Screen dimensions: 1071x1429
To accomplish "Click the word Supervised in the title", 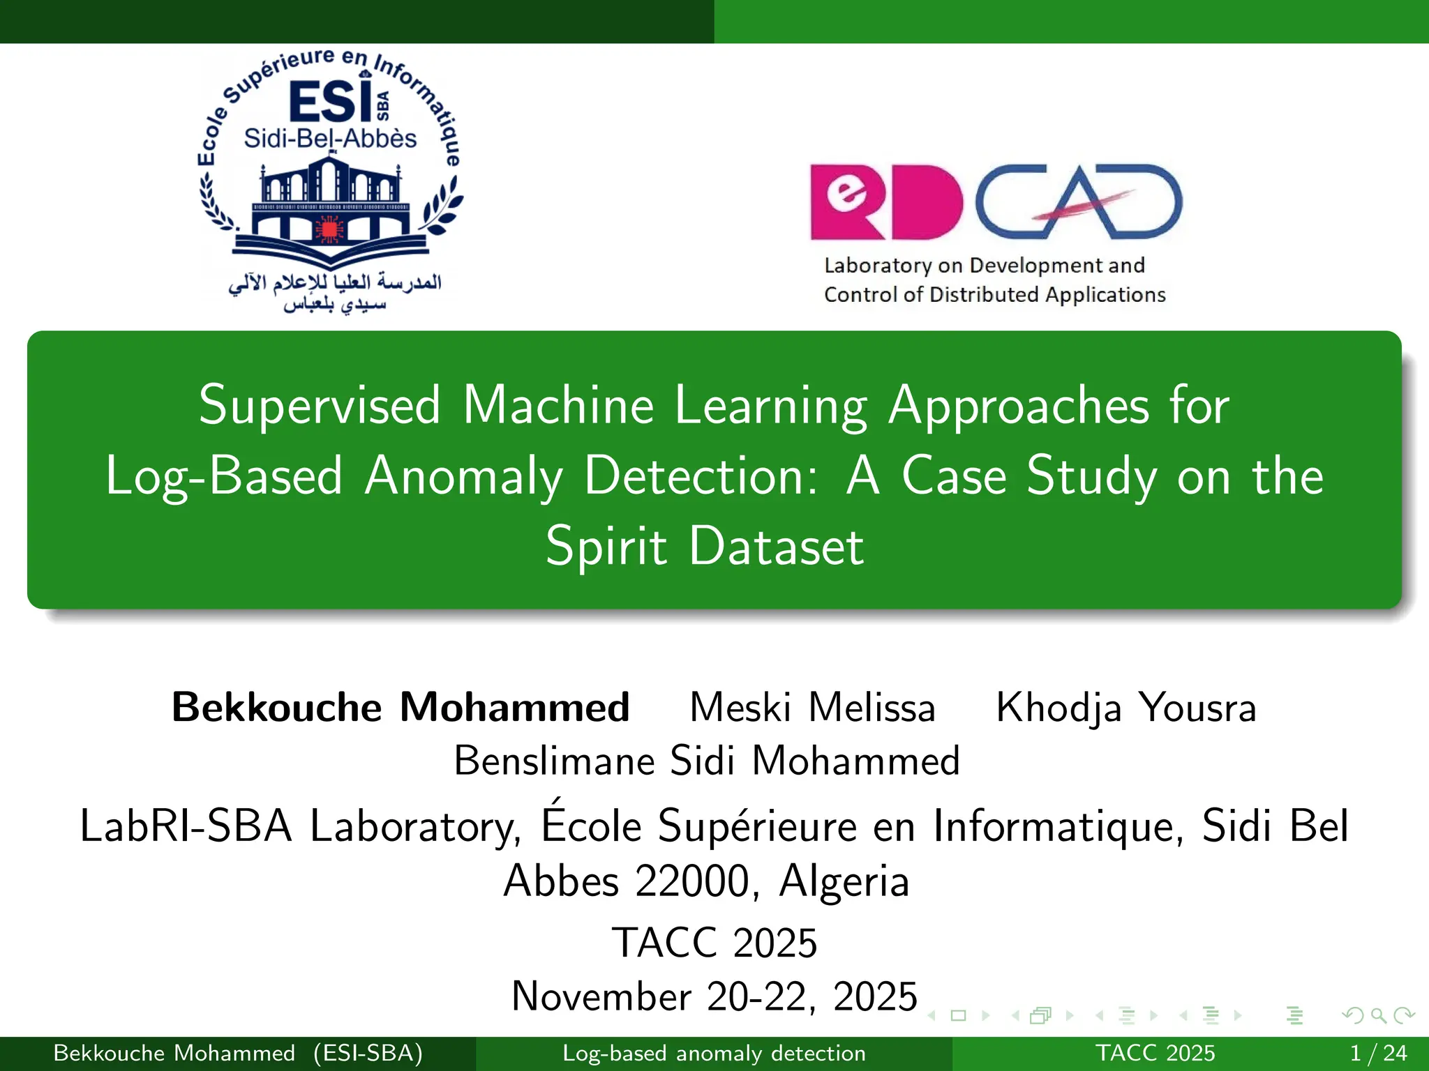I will [x=320, y=406].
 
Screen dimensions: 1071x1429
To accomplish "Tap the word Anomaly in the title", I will [x=463, y=476].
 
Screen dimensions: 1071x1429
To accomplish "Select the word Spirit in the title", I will [x=606, y=547].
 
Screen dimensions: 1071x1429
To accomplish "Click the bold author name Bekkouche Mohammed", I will [x=401, y=707].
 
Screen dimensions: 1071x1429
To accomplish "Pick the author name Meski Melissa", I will [x=812, y=707].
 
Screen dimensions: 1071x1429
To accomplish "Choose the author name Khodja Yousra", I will [x=1125, y=707].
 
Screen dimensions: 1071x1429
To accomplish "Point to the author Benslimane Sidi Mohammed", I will [x=707, y=760].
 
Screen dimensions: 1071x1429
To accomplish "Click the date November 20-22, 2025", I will [x=714, y=996].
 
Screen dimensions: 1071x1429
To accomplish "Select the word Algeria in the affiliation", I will [x=844, y=881].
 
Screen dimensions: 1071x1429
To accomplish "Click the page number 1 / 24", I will [x=1378, y=1053].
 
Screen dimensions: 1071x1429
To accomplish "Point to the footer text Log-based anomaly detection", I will [x=714, y=1053].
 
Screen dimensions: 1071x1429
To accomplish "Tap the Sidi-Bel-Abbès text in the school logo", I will [x=330, y=139].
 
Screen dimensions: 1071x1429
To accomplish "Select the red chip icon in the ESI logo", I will [x=329, y=229].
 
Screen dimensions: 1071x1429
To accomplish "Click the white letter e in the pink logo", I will [x=846, y=191].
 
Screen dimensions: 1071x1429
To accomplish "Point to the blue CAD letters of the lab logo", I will [x=1078, y=202].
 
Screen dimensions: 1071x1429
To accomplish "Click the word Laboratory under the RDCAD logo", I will [x=878, y=266].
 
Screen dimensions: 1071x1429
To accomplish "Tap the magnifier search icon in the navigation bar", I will [x=1378, y=1015].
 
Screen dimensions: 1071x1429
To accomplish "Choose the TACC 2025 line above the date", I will [x=714, y=943].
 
